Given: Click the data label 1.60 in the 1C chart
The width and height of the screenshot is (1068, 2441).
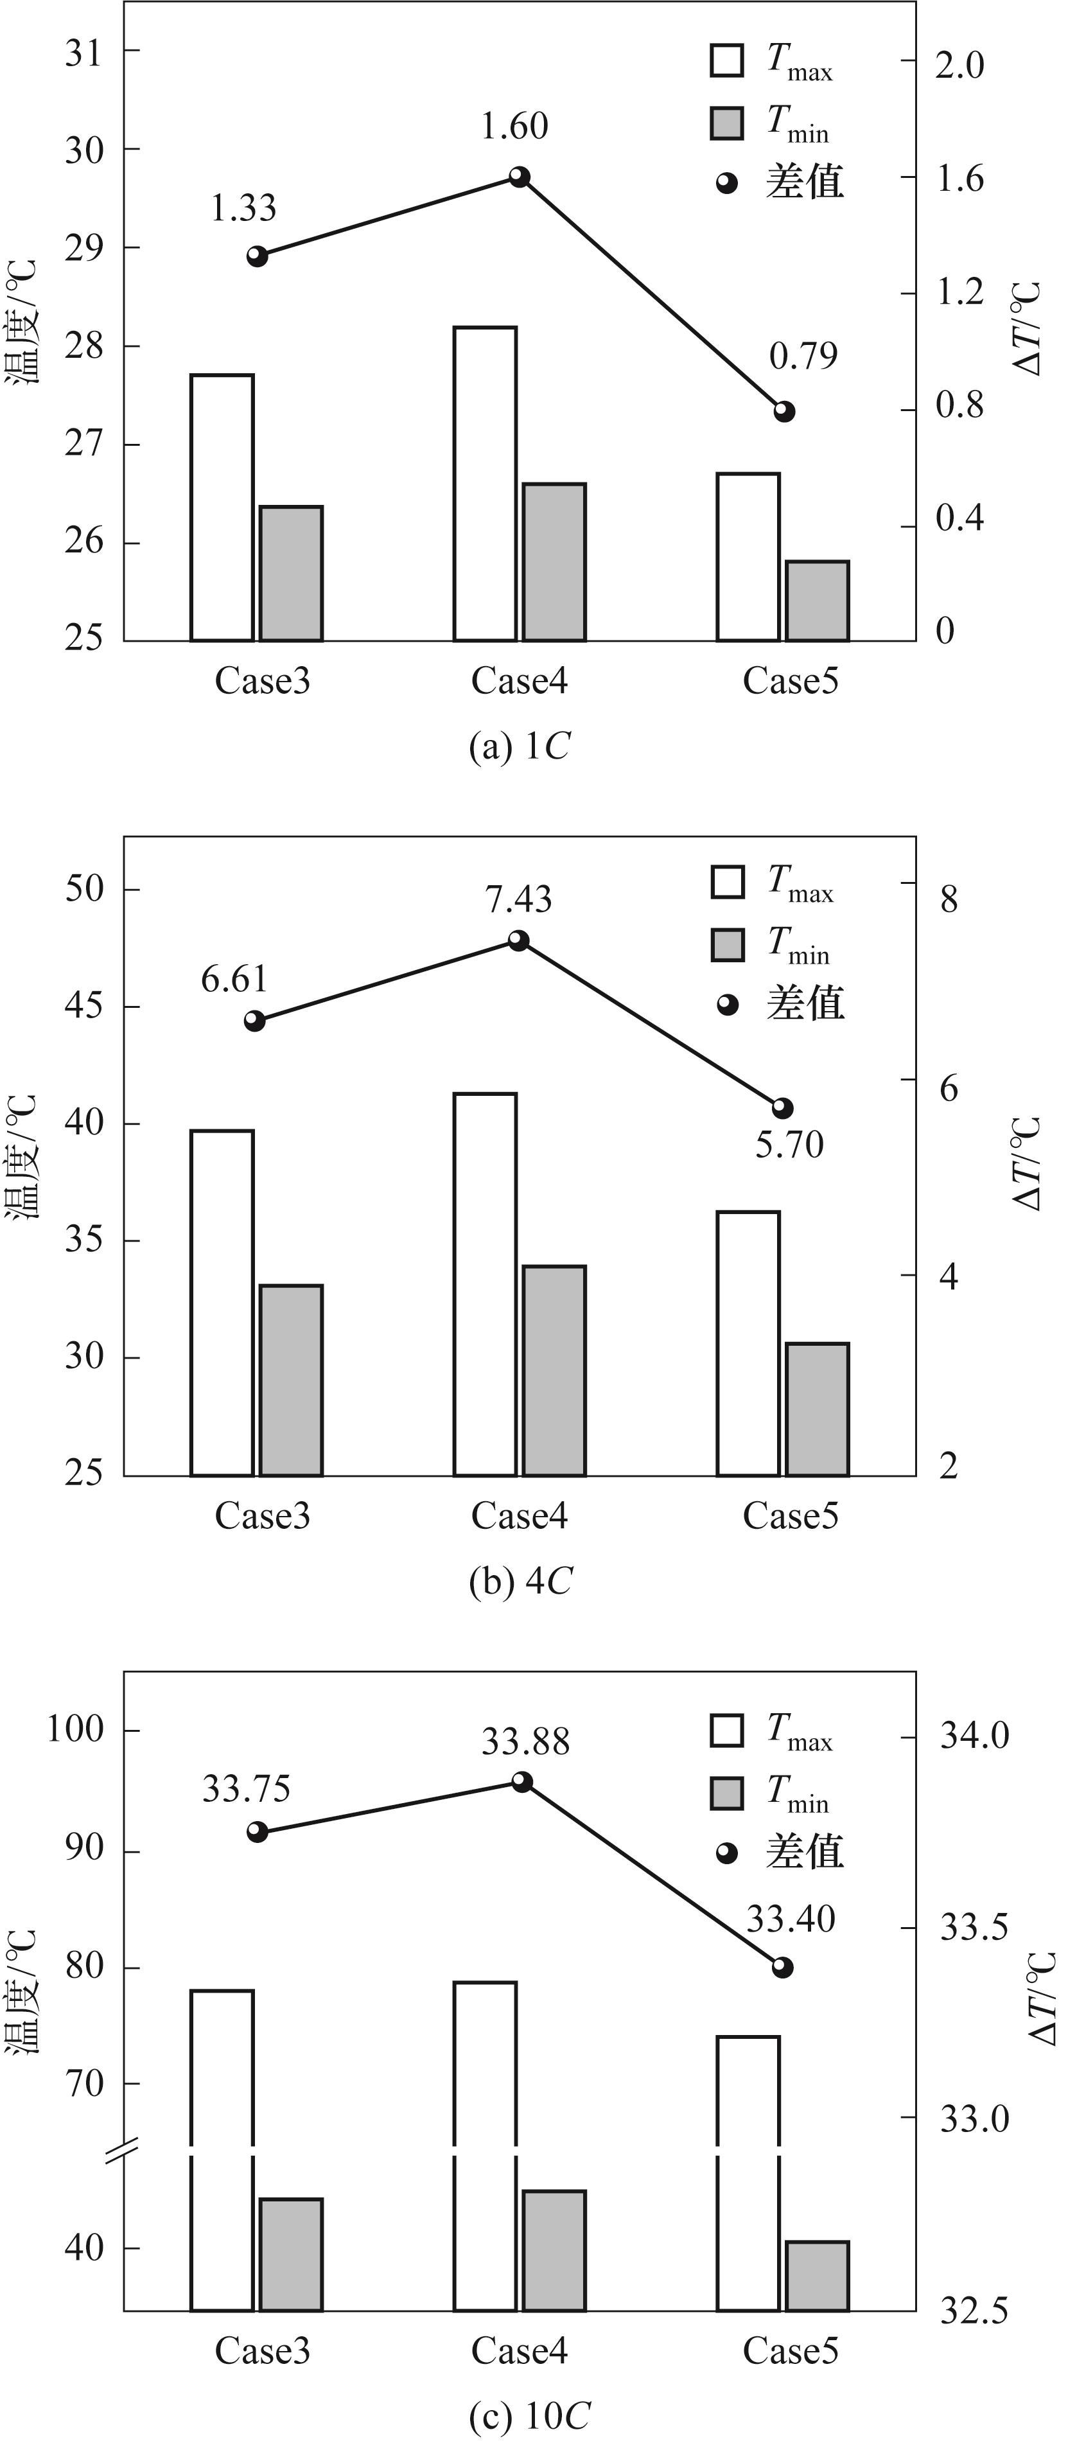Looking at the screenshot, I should click(x=514, y=126).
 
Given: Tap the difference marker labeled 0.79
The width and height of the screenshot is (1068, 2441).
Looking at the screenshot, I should click(x=783, y=411).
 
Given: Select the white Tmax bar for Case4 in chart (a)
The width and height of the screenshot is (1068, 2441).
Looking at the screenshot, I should click(x=486, y=483).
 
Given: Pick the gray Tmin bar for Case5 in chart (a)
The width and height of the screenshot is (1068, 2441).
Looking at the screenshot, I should click(x=817, y=601).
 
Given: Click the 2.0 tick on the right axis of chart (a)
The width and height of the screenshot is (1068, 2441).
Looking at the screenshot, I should click(x=959, y=66).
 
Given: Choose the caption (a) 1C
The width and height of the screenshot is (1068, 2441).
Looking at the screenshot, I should click(x=520, y=746).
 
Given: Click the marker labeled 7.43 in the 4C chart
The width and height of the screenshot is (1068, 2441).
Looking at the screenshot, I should click(x=518, y=940).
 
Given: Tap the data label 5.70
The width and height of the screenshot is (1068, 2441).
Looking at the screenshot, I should click(x=789, y=1145).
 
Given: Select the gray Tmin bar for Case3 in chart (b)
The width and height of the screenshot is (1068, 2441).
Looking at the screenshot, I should click(x=291, y=1380).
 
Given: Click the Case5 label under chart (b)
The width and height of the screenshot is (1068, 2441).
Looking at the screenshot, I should click(x=791, y=1515).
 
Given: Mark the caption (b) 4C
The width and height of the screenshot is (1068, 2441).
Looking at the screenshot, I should click(x=520, y=1581).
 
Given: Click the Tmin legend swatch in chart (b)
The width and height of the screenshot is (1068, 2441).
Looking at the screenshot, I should click(x=728, y=946).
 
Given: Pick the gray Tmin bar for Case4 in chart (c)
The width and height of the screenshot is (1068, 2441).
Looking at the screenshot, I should click(x=554, y=2250).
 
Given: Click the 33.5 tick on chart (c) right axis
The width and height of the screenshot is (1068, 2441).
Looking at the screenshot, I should click(x=973, y=1927).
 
